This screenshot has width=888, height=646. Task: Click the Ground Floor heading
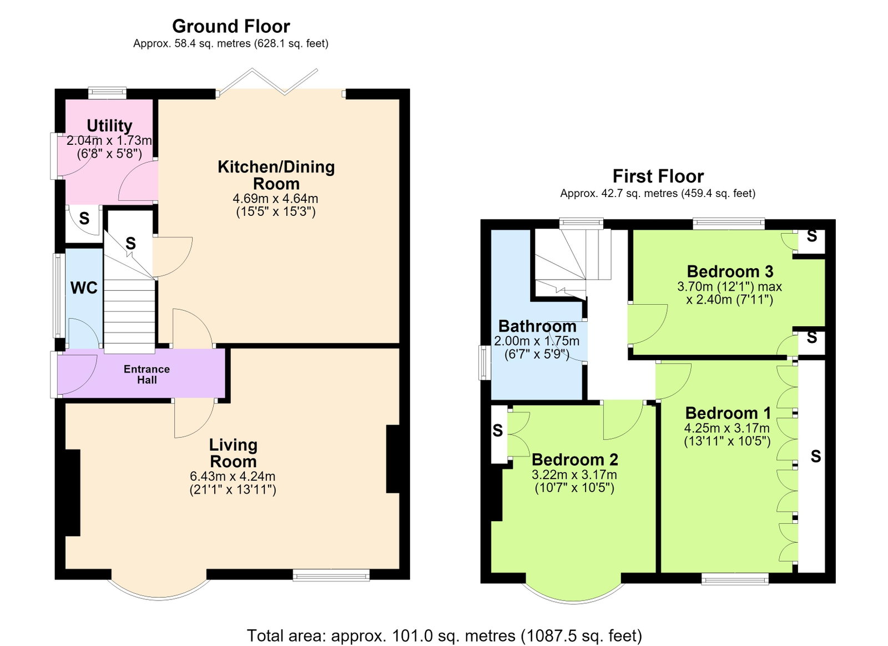click(231, 27)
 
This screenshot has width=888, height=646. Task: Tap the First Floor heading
click(658, 176)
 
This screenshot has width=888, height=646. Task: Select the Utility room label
click(109, 125)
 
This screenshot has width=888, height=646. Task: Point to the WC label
click(84, 287)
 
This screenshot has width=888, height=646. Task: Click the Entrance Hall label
click(147, 375)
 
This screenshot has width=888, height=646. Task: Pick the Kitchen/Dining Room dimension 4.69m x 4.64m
click(275, 198)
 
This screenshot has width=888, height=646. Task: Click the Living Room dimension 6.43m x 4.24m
click(233, 476)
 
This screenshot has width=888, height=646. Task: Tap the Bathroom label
click(537, 326)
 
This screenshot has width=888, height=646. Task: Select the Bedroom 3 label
click(730, 271)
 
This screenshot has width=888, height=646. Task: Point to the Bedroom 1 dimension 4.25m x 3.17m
click(727, 428)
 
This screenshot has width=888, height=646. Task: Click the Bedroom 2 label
click(575, 460)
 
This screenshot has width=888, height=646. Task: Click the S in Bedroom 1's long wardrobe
click(815, 456)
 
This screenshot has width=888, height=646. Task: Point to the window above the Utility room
click(107, 93)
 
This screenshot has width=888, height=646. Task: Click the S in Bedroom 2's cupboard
click(497, 430)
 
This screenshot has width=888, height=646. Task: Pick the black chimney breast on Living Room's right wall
click(392, 459)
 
